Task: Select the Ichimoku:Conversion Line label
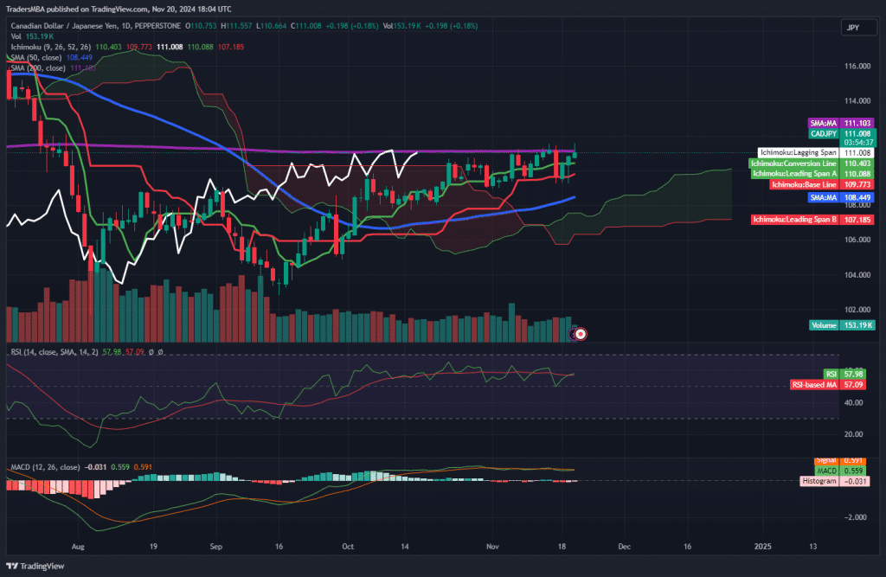coord(793,163)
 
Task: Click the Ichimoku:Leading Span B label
coord(794,220)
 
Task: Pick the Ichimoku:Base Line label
coord(804,184)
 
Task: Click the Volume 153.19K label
coord(842,325)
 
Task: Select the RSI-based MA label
coord(815,384)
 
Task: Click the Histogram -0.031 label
coord(819,481)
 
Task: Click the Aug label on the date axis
coord(79,547)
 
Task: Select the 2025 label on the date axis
coord(762,547)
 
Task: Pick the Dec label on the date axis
coord(623,547)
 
